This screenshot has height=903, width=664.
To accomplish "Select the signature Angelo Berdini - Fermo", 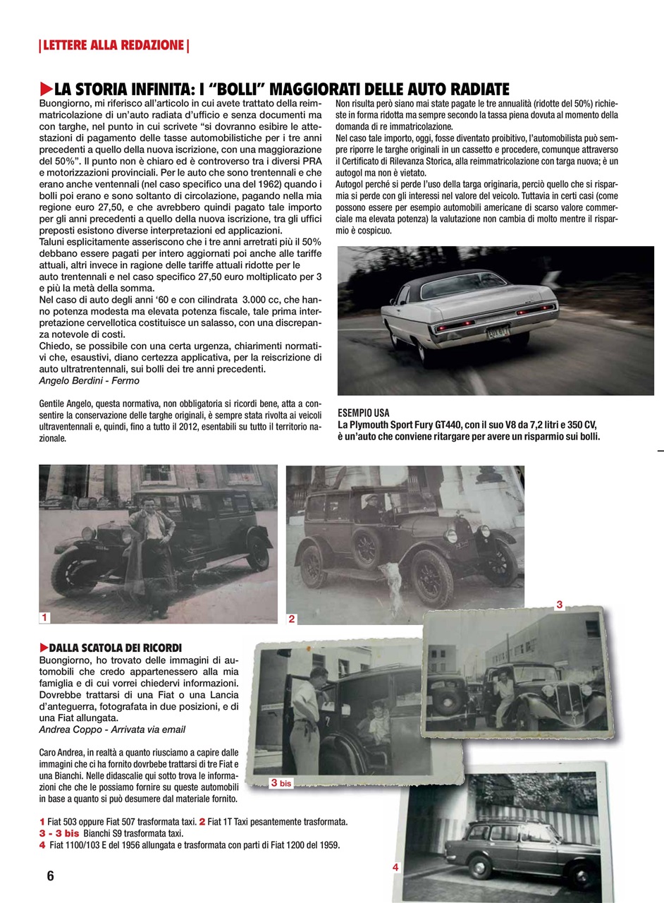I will (x=89, y=381).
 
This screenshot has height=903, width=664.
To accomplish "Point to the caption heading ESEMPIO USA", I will (x=364, y=413).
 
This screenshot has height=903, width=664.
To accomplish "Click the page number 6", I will (x=50, y=876).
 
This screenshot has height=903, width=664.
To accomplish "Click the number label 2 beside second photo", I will (x=291, y=619).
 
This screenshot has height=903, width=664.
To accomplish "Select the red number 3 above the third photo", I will (x=559, y=605).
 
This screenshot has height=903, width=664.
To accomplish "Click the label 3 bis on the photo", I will (x=281, y=783).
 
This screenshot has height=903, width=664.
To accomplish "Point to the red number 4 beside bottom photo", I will (x=396, y=867).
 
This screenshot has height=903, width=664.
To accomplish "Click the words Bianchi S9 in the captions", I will (x=117, y=833).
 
